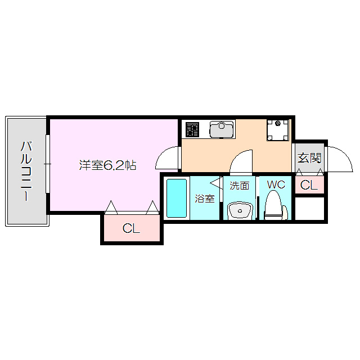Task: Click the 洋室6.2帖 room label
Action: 107,165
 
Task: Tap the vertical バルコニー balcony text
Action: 26,171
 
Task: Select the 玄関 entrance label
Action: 309,157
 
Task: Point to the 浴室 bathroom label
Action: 204,199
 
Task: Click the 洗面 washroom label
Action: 239,186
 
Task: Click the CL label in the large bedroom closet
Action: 131,229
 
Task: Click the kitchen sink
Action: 221,129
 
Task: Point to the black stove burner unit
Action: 192,129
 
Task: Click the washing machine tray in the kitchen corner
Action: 278,130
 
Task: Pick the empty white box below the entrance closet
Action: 309,209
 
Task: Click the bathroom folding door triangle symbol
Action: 216,183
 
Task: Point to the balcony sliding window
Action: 49,164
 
